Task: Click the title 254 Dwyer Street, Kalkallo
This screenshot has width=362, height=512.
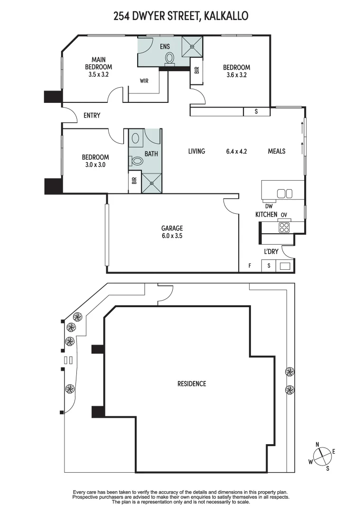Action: coord(181,16)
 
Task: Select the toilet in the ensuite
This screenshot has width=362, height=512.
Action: coord(169,59)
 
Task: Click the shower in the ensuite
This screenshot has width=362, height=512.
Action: coord(193,46)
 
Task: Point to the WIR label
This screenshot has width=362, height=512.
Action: coord(144,81)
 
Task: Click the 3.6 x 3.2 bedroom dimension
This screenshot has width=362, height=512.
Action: coord(236,74)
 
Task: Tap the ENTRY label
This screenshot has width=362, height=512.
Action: coord(92,115)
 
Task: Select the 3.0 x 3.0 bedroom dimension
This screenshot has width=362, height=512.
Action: coord(95,165)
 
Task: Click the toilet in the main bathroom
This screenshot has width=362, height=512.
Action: coord(137,161)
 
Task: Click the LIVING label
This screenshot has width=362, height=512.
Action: coord(196,151)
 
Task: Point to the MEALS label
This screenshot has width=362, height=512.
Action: coord(277,151)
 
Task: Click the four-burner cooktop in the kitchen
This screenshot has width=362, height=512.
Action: coord(284,227)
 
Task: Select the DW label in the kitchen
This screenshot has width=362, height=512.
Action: coord(269,206)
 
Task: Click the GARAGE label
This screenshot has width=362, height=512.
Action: coord(172,228)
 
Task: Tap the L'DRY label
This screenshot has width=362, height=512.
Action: coord(271,252)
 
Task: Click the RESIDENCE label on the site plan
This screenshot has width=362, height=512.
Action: coord(192,384)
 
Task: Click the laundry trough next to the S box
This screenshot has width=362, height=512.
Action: coord(285,266)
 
